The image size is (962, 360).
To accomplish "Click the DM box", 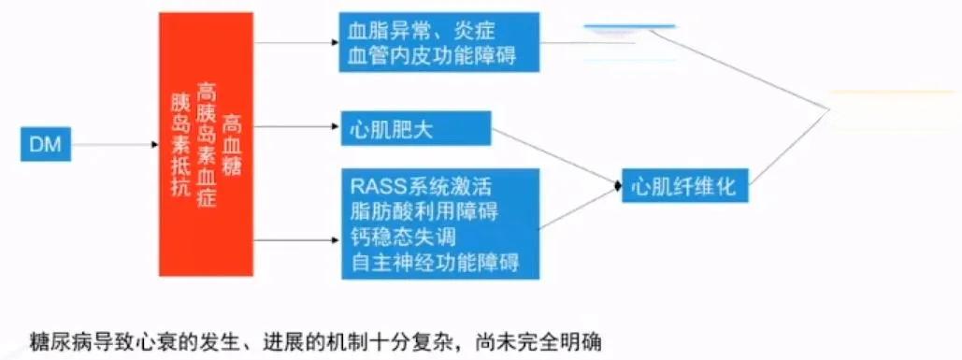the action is pos(46,144).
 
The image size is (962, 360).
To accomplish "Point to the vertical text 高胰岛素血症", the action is pos(206,144).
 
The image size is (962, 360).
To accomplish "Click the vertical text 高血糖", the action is pos(232,144).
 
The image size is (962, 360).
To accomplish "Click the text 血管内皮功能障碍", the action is pos(432,56).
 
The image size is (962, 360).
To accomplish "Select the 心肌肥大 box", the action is pos(416,128).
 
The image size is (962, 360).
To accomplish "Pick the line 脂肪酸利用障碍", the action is pos(424,210).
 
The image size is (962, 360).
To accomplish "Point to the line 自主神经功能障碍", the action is pos(435,262).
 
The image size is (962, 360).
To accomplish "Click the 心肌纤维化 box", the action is pos(685,185).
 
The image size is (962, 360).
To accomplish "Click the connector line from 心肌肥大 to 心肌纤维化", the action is pos(556,158).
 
